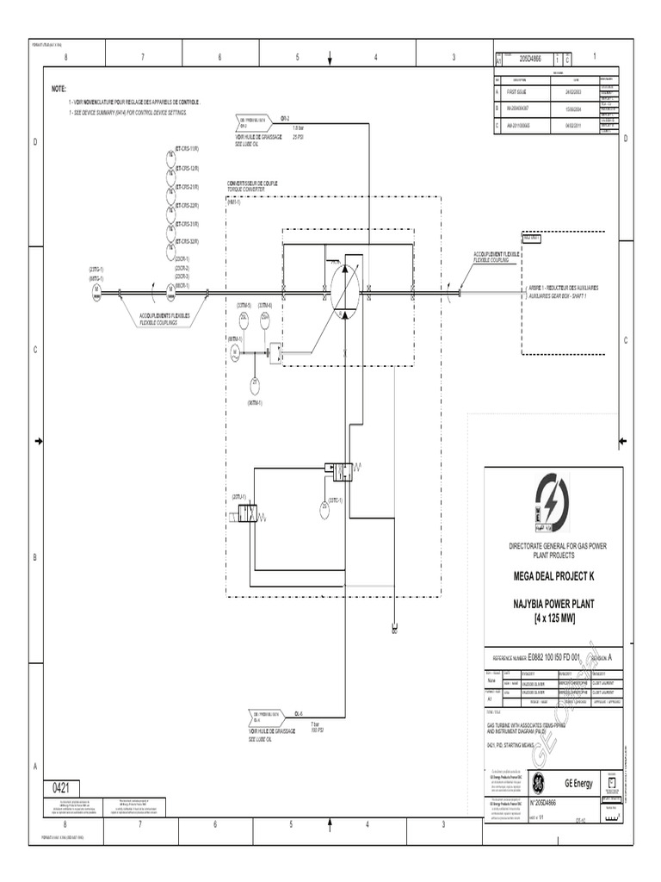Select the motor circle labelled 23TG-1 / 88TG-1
96,294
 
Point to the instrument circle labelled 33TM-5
244,318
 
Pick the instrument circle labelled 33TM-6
265,318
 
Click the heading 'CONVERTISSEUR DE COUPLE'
253,183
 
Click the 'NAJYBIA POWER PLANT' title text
553,606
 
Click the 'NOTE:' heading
59,89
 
